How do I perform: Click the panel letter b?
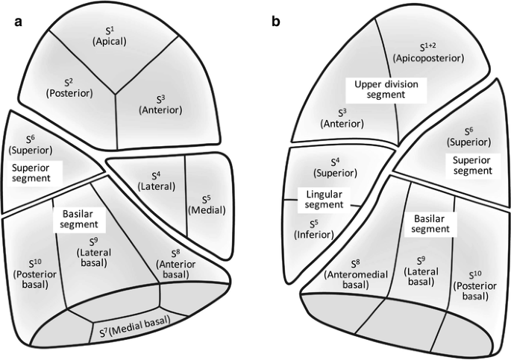[277, 22]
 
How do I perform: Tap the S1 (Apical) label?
[110, 34]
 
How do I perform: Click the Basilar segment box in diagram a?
[76, 217]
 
